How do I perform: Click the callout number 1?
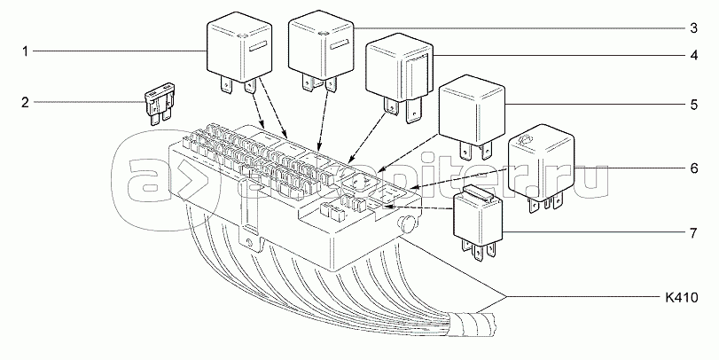tap(26, 52)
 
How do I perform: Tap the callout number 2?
tap(26, 103)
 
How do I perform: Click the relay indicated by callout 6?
tap(539, 163)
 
